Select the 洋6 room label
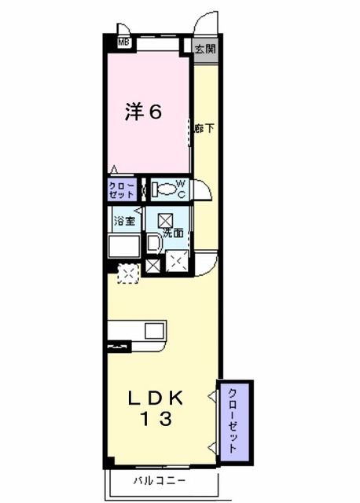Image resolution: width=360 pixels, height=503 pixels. [144, 112]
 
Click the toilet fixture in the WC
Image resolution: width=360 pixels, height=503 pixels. [164, 189]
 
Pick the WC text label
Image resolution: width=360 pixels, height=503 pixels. [181, 189]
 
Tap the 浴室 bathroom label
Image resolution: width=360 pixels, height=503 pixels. [123, 222]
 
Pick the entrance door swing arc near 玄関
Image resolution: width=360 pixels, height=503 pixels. [207, 22]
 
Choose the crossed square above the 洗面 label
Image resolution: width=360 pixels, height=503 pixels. [166, 221]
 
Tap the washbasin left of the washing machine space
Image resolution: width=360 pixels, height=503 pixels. [152, 244]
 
